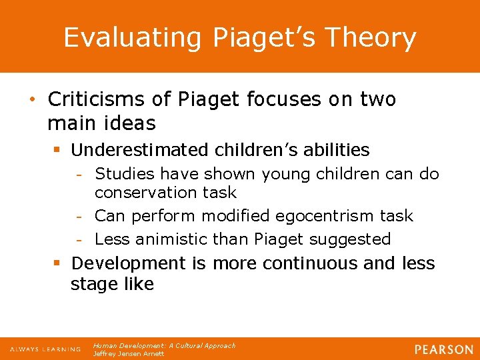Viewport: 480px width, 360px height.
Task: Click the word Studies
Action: point(122,175)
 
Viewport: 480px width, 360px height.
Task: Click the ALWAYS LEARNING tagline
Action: point(45,349)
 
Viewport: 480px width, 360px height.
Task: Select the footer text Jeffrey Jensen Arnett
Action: point(129,354)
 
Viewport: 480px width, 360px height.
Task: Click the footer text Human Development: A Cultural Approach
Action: point(164,346)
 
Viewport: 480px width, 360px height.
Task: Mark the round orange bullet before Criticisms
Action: point(33,101)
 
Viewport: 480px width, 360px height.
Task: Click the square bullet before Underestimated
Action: point(57,151)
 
